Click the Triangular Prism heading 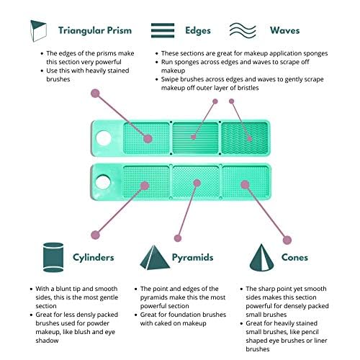point(95,31)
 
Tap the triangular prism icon point(38,31)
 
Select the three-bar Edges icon point(163,30)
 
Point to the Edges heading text point(198,30)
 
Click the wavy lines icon point(243,30)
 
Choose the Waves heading point(285,30)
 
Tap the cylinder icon point(53,257)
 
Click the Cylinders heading point(94,257)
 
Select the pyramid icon point(155,257)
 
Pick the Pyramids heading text point(192,258)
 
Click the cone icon point(261,257)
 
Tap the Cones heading point(294,257)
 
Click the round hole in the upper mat point(104,138)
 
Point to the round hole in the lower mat point(103,181)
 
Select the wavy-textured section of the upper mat point(245,138)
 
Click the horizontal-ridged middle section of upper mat point(195,138)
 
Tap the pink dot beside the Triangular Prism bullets point(95,93)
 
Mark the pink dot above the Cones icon point(287,240)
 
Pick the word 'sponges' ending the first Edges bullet point(315,53)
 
